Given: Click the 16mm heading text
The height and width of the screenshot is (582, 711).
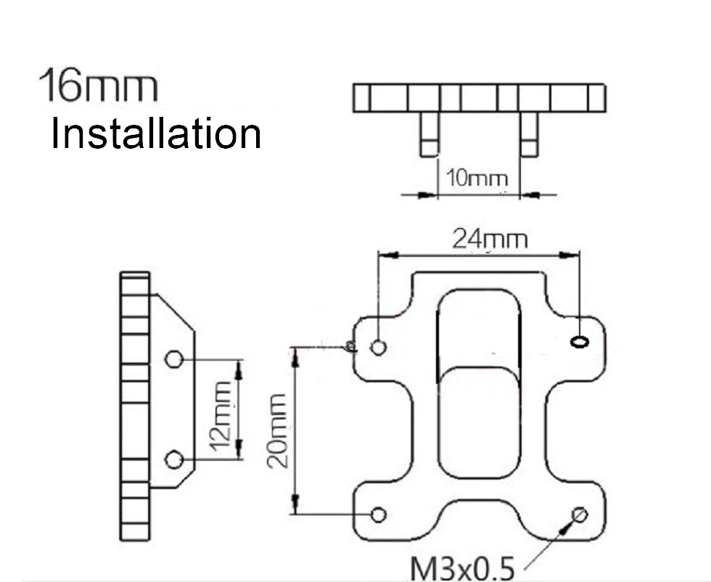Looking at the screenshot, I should pyautogui.click(x=98, y=86).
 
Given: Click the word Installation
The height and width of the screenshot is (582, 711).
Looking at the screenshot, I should pyautogui.click(x=155, y=134).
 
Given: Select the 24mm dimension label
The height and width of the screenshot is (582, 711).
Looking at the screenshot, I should pyautogui.click(x=490, y=238).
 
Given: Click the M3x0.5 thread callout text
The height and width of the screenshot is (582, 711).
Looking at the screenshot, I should pyautogui.click(x=462, y=567).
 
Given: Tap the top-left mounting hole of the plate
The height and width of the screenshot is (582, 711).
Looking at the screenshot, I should pyautogui.click(x=378, y=347).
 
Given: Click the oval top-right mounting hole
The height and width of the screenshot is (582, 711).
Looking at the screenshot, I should pyautogui.click(x=580, y=341).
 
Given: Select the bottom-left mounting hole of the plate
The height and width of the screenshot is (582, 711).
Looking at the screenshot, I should pyautogui.click(x=378, y=515).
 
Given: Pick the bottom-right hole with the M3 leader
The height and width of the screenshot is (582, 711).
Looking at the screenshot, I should pyautogui.click(x=579, y=515).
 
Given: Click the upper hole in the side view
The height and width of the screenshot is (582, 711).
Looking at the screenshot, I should pyautogui.click(x=173, y=358).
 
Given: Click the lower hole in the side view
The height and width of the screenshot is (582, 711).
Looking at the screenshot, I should pyautogui.click(x=173, y=459).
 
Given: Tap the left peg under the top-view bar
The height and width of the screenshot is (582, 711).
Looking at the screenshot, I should pyautogui.click(x=430, y=135).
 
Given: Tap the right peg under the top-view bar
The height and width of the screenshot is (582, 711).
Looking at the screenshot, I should pyautogui.click(x=529, y=135).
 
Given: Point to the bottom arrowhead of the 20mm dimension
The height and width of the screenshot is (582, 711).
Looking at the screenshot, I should pyautogui.click(x=295, y=504).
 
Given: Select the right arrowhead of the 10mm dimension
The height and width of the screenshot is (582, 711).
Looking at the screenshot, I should pyautogui.click(x=528, y=194).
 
